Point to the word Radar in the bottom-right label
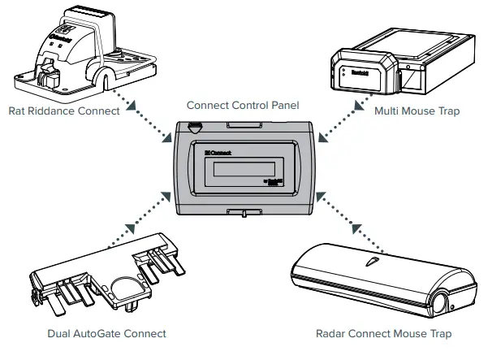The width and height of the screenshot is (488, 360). tap(335, 333)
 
